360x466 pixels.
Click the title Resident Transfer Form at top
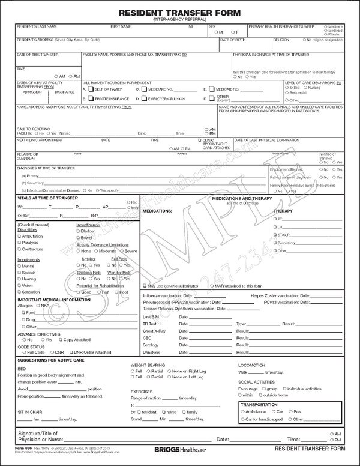(180, 11)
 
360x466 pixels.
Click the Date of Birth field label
(233, 40)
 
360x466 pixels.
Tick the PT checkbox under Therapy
(274, 220)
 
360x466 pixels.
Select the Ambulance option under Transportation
(242, 413)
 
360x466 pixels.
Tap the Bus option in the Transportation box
(289, 413)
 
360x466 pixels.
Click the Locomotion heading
(251, 365)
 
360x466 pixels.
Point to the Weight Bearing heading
(147, 365)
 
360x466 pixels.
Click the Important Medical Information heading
(51, 299)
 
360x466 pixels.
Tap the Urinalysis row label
(152, 352)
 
